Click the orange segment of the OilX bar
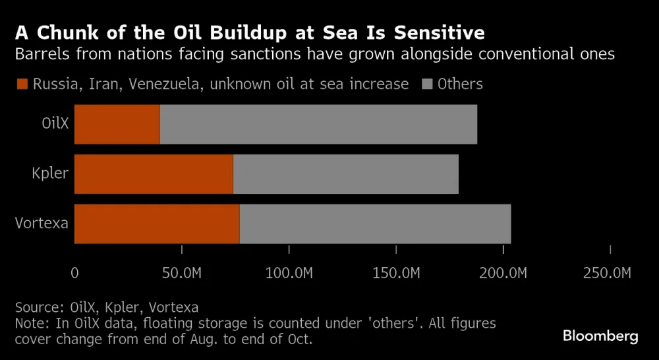click(117, 124)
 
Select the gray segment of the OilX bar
click(318, 124)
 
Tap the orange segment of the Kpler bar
click(154, 174)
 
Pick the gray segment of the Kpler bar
click(346, 174)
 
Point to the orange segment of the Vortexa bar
click(157, 224)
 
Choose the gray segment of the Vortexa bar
click(376, 224)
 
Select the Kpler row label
click(50, 173)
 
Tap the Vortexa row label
click(42, 223)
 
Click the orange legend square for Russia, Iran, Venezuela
click(22, 84)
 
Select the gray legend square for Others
click(426, 84)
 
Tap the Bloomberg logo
click(600, 336)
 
